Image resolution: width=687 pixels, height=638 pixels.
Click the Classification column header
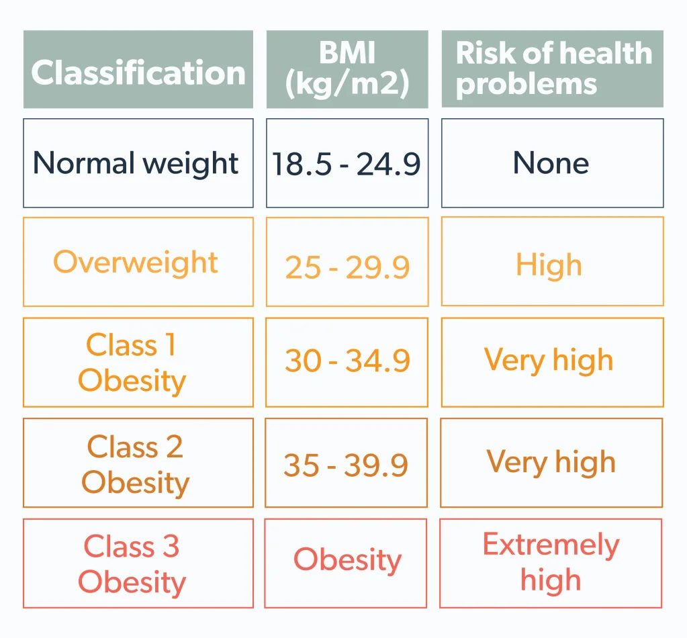(x=138, y=71)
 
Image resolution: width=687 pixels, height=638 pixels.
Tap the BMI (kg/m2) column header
(x=347, y=69)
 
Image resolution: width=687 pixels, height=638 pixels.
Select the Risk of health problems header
(x=552, y=69)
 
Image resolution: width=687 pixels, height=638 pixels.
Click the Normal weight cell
(x=138, y=163)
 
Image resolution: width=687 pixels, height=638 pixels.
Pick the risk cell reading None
(x=551, y=163)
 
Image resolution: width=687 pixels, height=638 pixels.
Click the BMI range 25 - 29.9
(x=347, y=267)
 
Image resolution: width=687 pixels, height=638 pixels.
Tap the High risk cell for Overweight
(x=549, y=265)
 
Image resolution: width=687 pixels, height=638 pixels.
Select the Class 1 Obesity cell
(x=132, y=363)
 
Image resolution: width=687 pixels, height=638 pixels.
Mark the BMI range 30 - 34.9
(x=347, y=361)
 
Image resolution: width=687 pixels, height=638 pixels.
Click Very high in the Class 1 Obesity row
(x=549, y=361)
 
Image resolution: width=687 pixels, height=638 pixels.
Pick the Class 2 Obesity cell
(x=135, y=464)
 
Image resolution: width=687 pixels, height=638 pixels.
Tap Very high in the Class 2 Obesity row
(x=551, y=462)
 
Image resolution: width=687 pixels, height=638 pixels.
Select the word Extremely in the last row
(x=551, y=545)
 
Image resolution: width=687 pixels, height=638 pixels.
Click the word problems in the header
(x=526, y=85)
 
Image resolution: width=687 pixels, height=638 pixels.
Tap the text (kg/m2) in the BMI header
(x=347, y=85)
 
